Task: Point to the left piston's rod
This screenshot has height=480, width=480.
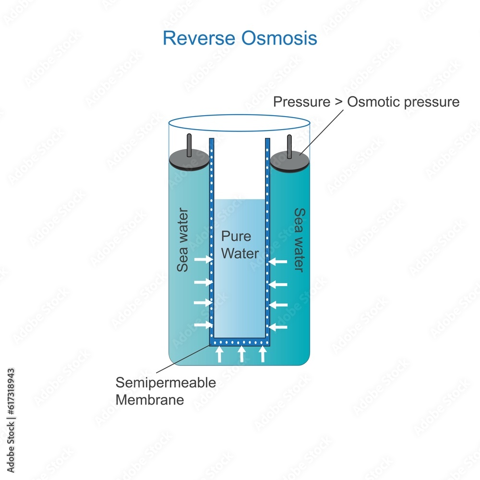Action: (189, 144)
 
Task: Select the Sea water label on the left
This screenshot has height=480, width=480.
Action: (183, 240)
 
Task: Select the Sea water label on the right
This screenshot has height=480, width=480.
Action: (299, 240)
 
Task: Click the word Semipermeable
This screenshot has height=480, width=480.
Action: (166, 383)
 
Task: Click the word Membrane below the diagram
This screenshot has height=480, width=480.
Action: (150, 400)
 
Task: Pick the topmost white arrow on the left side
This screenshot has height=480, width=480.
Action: (203, 260)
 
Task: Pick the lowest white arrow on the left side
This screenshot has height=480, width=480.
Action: (203, 325)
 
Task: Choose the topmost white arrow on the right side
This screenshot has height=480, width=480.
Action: (278, 262)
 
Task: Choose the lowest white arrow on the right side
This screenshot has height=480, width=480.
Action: (278, 327)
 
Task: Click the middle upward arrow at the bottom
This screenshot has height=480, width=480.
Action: (241, 354)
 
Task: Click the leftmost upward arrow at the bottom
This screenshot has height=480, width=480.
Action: (219, 354)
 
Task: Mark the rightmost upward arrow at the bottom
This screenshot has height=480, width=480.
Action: (262, 354)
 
